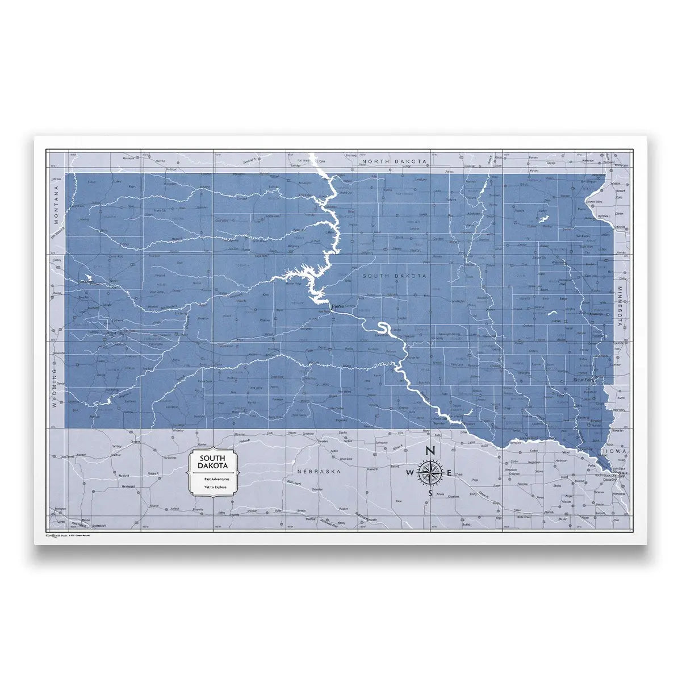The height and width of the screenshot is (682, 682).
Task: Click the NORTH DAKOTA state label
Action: [395, 161]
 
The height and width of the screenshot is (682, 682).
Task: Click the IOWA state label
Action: [615, 451]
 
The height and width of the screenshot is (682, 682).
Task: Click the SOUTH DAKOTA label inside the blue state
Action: [395, 276]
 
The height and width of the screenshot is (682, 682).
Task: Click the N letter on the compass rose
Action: [430, 451]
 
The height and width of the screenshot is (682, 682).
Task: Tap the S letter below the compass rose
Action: [430, 493]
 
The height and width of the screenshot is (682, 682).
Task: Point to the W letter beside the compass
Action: [410, 473]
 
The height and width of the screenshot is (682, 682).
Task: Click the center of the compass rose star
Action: [430, 472]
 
